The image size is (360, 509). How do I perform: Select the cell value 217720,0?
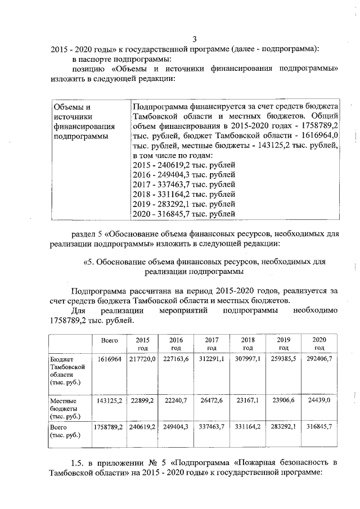142,358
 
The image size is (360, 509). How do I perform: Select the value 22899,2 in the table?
143,400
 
